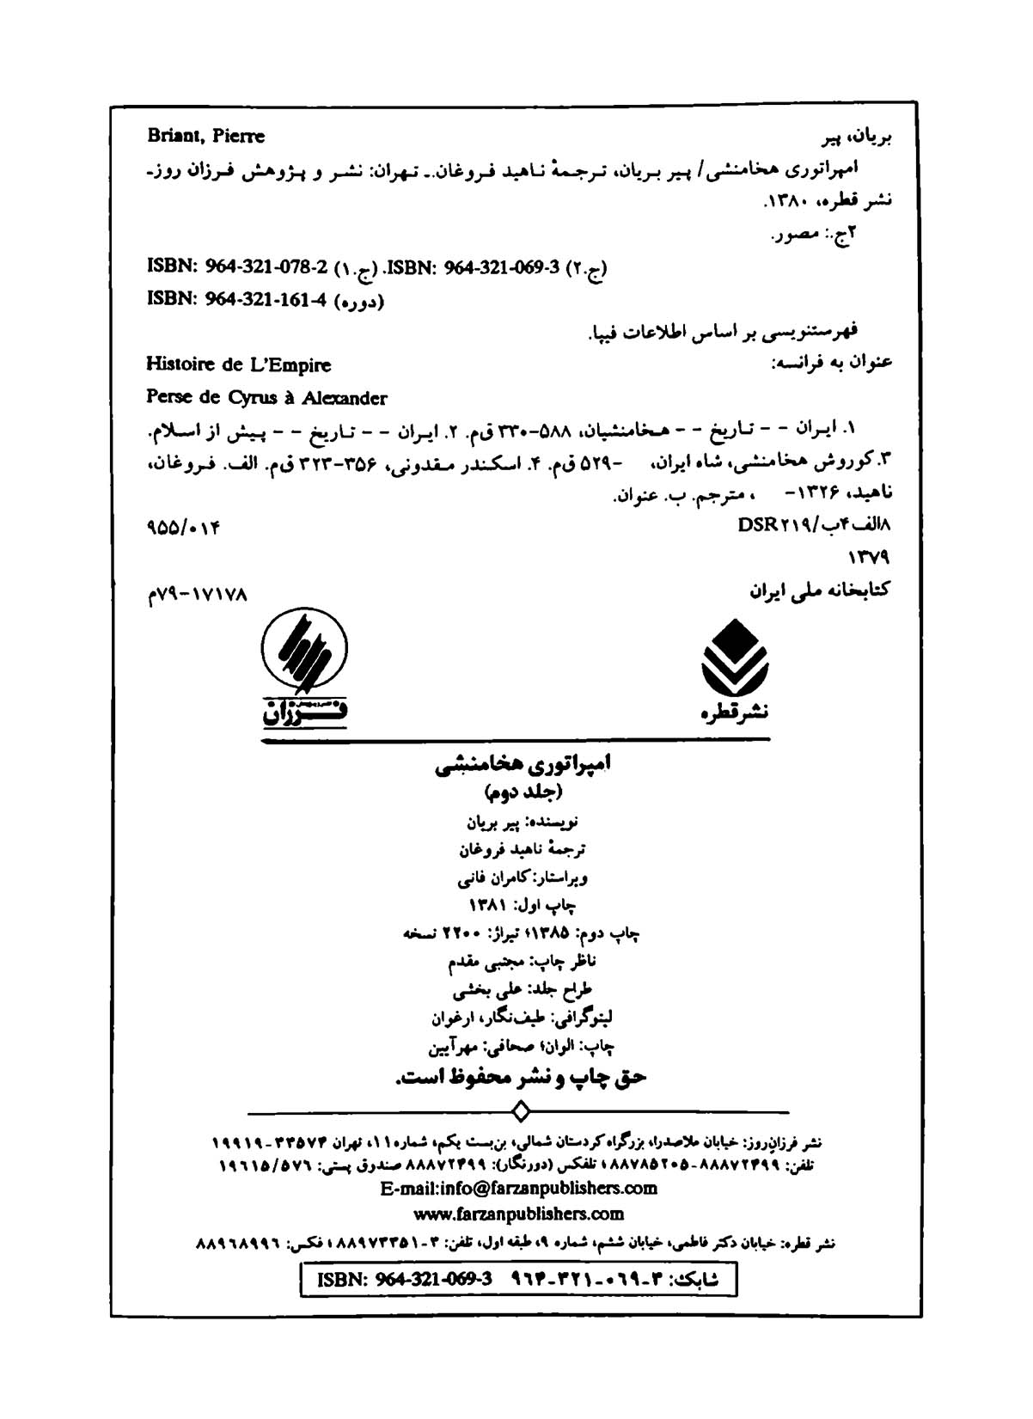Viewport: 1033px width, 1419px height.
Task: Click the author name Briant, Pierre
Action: (x=205, y=136)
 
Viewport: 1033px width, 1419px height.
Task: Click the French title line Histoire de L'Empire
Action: (x=238, y=364)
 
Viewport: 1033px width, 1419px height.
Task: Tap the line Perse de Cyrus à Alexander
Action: (x=266, y=398)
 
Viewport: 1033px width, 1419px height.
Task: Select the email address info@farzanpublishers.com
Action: (x=518, y=1188)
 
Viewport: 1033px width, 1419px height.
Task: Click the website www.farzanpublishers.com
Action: (x=518, y=1214)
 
